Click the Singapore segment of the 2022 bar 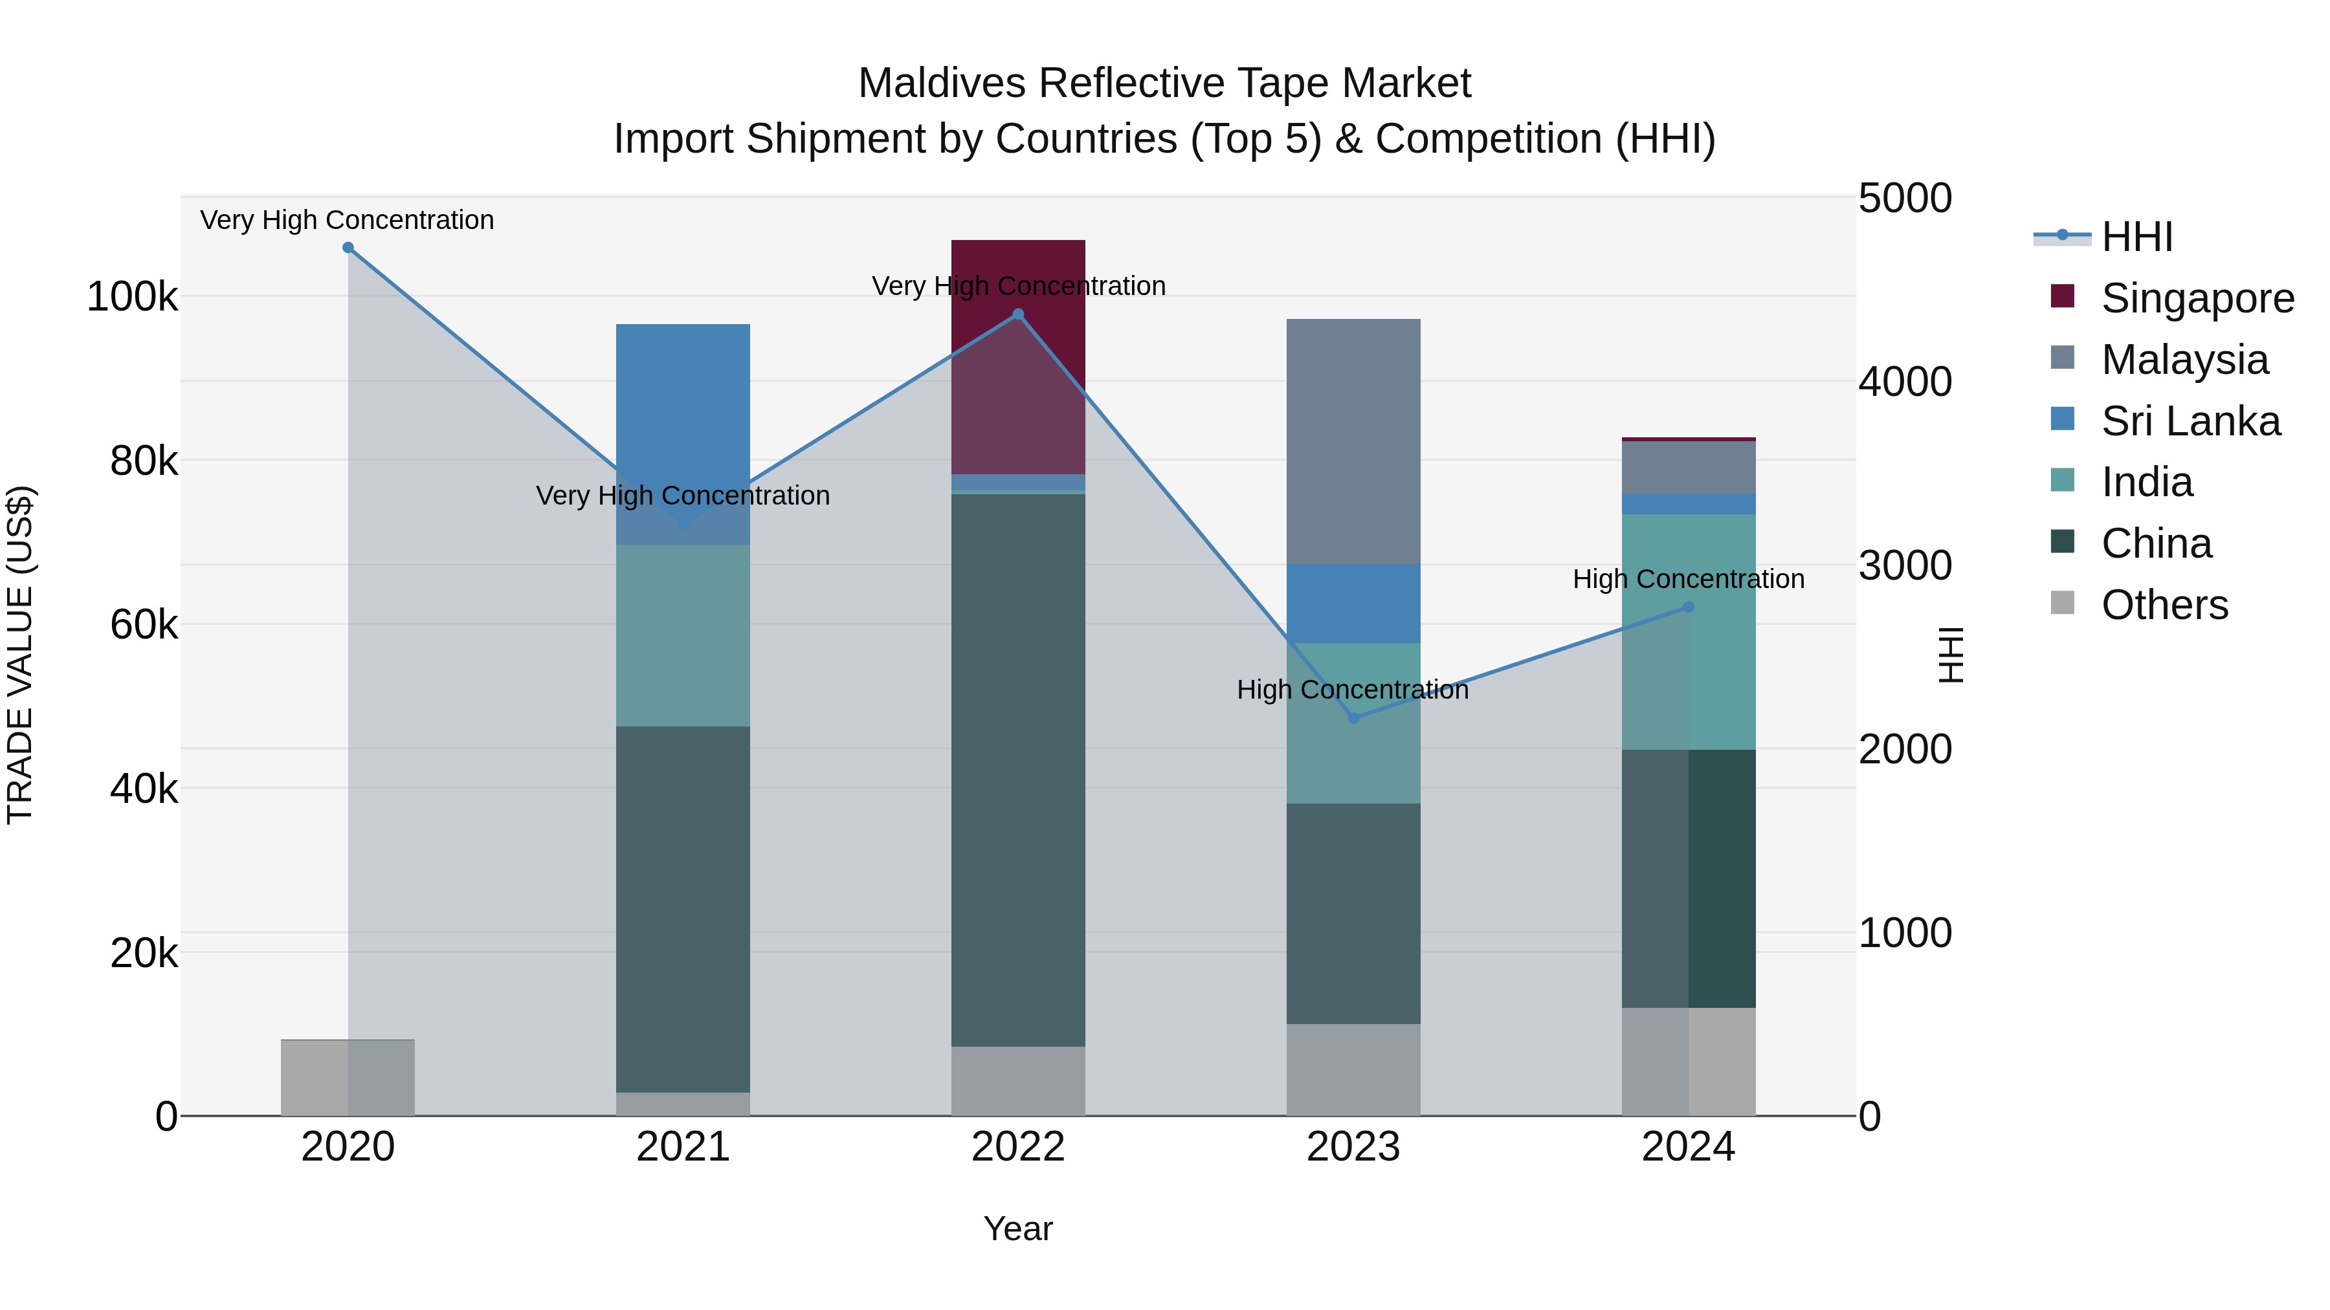click(x=1017, y=356)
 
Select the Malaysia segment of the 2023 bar click(x=1353, y=441)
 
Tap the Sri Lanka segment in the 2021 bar click(x=683, y=425)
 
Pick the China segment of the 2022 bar click(x=1017, y=769)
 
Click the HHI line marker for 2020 click(x=348, y=248)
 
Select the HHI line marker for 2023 click(x=1353, y=718)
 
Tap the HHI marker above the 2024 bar click(x=1688, y=607)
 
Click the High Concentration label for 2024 click(x=1688, y=578)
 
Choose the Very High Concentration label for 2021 click(x=683, y=496)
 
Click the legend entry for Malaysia click(x=2184, y=360)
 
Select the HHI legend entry click(x=2136, y=237)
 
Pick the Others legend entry click(x=2164, y=605)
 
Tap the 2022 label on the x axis click(x=1017, y=1147)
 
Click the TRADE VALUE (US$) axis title click(x=20, y=655)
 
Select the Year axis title click(x=1017, y=1228)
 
